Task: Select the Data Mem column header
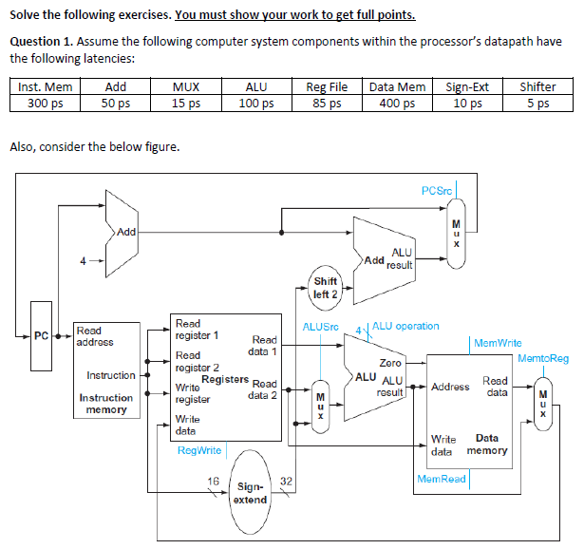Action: coord(397,87)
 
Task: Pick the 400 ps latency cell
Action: coord(397,104)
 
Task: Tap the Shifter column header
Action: coord(538,87)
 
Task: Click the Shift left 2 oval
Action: coord(325,287)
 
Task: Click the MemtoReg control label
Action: coord(543,358)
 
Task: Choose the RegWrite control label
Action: coord(199,450)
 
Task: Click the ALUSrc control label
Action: coord(320,327)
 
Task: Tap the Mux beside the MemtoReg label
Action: coord(543,397)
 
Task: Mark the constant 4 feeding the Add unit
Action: coord(83,260)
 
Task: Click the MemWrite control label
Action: coord(497,343)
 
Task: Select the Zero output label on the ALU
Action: coord(389,363)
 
